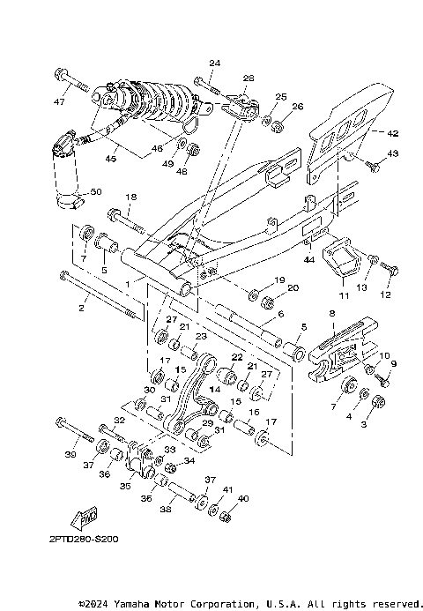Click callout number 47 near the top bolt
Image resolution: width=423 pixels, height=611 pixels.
coord(59,102)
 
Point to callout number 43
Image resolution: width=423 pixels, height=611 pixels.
coord(393,153)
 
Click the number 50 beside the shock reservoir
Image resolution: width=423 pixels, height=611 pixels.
coord(96,191)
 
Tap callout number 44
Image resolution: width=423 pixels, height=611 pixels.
coord(309,260)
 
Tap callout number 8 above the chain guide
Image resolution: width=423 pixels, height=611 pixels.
coord(332,313)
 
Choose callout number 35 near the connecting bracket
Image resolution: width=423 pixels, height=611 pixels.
coord(125,485)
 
